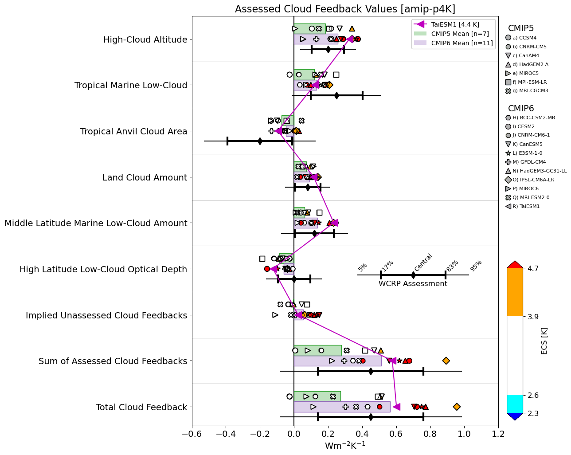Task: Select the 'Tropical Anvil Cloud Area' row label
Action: [x=133, y=131]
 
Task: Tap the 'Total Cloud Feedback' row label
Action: [x=141, y=407]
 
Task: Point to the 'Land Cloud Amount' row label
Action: [x=145, y=177]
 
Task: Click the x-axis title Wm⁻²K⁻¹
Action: [x=345, y=446]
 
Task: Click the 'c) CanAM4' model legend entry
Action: [x=526, y=55]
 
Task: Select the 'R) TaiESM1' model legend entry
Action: [x=526, y=206]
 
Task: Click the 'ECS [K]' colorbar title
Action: [x=544, y=341]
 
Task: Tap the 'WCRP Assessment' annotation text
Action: [x=413, y=284]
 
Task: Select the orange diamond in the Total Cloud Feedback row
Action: [x=457, y=407]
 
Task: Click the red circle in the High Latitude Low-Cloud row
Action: [x=267, y=269]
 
